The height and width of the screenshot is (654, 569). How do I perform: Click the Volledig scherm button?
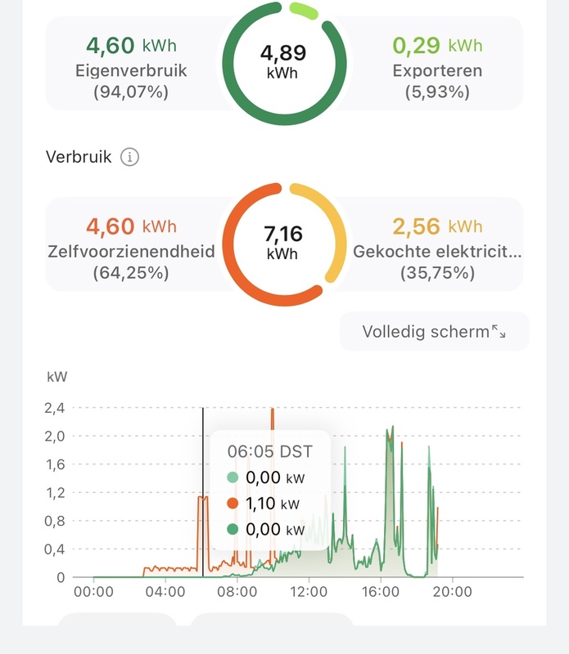tap(434, 332)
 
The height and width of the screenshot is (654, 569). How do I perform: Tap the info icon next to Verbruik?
tap(129, 157)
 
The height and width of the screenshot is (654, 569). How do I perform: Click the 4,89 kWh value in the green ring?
tap(282, 61)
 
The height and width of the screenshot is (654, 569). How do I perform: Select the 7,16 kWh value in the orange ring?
tap(282, 242)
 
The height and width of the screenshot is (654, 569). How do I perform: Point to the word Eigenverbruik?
tap(131, 70)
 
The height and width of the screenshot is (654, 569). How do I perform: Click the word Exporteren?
tap(437, 70)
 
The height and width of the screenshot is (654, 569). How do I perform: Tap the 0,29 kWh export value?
tap(437, 44)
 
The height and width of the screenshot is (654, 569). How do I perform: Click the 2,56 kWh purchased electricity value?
tap(437, 226)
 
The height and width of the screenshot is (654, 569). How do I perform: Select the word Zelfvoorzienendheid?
tap(131, 252)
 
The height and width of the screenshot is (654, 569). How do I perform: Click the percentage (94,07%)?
tap(131, 92)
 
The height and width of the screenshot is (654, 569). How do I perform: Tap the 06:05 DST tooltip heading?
tap(269, 451)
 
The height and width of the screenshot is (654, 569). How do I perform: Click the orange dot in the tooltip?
tap(233, 504)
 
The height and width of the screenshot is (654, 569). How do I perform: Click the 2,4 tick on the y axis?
tap(56, 407)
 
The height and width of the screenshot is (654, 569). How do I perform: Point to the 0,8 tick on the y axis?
tap(56, 521)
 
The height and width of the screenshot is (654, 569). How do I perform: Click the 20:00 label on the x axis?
tap(451, 591)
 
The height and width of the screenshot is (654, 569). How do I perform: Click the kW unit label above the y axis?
tap(57, 378)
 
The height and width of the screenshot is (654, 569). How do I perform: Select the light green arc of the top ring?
tap(305, 10)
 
